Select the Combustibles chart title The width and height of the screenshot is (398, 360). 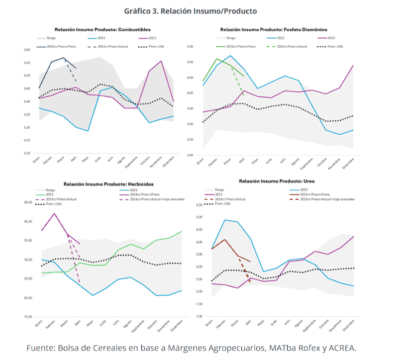coord(102,30)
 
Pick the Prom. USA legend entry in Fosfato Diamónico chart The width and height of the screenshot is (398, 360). coord(333,46)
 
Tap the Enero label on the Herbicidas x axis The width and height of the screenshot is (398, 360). coord(38,323)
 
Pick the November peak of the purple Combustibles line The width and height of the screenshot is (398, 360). coord(161,61)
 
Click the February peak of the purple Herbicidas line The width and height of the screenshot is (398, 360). coord(54,213)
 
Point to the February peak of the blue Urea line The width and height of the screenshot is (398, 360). coord(225,220)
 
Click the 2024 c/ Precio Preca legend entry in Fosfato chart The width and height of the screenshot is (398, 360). coord(243,46)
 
